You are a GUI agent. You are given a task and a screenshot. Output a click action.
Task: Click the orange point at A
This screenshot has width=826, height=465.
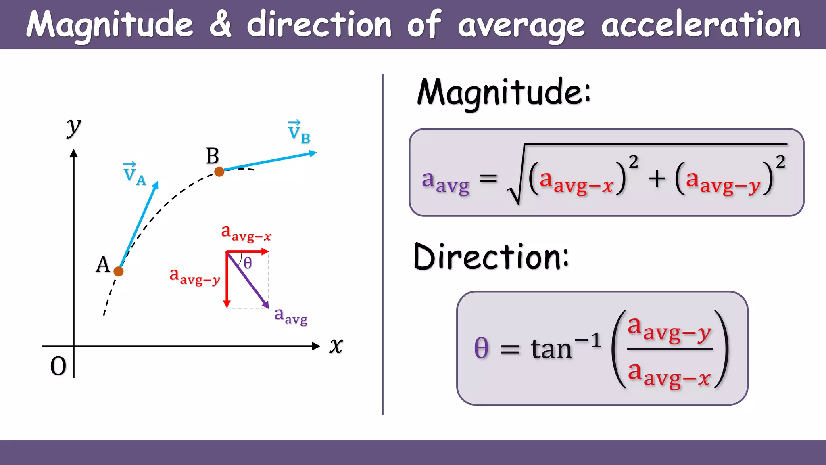point(119,271)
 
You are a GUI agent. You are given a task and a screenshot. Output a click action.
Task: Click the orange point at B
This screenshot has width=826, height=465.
point(219,172)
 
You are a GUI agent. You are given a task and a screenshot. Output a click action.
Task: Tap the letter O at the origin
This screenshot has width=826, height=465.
point(58,366)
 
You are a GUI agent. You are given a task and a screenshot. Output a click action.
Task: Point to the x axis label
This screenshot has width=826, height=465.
point(336,346)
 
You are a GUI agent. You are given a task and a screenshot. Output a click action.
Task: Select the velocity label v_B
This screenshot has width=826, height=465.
point(299,132)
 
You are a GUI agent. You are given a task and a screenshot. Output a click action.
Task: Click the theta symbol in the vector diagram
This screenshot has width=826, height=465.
point(248,263)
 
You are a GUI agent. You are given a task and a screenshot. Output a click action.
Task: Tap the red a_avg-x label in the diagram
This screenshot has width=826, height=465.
point(246,233)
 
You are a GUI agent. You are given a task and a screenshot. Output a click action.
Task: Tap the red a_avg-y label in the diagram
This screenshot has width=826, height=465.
point(195,276)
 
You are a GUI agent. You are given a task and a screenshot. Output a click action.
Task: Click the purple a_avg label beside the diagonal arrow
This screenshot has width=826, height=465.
point(290,315)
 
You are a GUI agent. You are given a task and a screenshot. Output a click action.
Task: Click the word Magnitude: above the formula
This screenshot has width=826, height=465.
point(504,93)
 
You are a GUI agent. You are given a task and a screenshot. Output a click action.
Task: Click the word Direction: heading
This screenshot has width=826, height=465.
point(491,257)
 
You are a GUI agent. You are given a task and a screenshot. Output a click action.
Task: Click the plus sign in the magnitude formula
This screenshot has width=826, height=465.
point(657,178)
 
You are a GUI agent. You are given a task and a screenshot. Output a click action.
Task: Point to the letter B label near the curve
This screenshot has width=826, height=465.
point(213,156)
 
